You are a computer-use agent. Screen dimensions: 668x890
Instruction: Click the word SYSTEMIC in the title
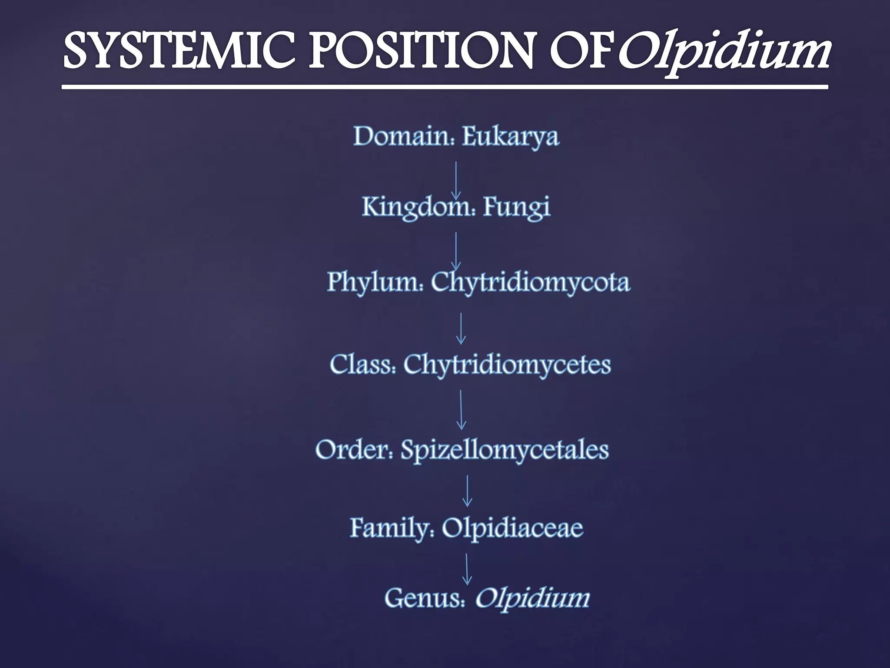179,51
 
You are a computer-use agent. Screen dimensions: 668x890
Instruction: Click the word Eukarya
510,137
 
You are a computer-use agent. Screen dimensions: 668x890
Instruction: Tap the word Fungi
516,207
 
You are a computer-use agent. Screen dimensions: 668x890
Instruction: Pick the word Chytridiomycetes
507,364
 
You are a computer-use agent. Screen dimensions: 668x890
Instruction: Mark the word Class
362,364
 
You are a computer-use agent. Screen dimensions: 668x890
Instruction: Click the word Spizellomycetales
504,450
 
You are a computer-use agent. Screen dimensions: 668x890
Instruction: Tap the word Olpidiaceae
512,528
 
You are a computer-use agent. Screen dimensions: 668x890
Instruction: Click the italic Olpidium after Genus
532,598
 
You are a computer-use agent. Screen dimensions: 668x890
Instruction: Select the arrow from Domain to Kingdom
456,180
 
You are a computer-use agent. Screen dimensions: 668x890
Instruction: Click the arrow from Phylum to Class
461,329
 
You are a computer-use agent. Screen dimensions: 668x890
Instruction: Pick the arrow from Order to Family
467,491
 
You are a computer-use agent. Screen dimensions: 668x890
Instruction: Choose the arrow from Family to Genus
467,569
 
